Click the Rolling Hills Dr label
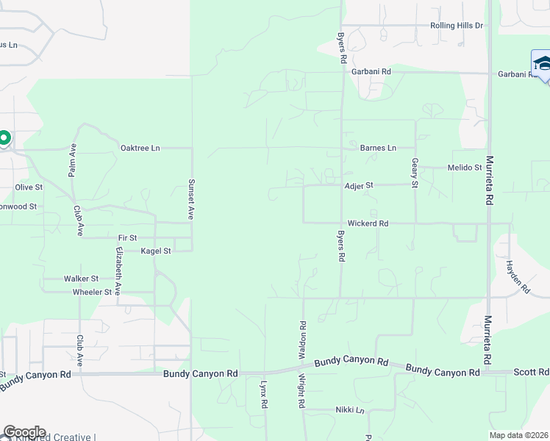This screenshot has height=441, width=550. pos(456,26)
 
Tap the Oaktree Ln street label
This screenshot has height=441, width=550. pos(140,148)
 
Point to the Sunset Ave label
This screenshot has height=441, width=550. pos(190,200)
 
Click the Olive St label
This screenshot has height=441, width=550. pos(29,187)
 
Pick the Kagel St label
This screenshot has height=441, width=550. pos(156,251)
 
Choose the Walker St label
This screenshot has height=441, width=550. pos(81,279)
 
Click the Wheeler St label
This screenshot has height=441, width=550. pos(92,293)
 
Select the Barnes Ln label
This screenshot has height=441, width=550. pos(378,148)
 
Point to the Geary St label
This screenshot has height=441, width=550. pos(415,173)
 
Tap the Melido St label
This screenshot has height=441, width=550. pos(464,168)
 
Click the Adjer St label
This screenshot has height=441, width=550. pos(360,186)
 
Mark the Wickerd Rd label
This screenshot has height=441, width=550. pos(368,223)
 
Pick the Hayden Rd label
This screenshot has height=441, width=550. pos(518,277)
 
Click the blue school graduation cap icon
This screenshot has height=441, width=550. pos(542,62)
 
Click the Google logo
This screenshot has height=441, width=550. pos(24,432)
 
